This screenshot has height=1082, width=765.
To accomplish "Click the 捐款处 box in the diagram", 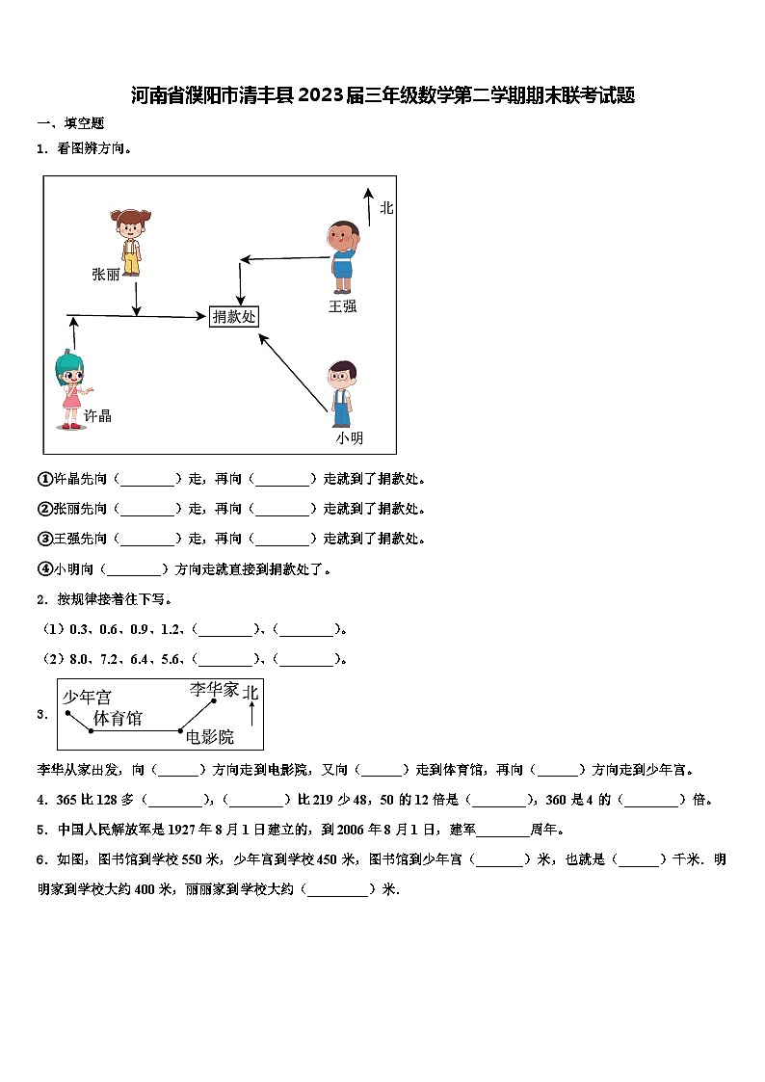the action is tap(234, 316).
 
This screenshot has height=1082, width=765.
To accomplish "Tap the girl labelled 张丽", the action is tap(129, 241).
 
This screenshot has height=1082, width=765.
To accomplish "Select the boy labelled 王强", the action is tap(342, 256).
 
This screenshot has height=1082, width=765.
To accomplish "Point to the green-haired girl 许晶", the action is tap(71, 389).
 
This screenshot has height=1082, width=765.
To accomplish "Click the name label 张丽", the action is tap(105, 275).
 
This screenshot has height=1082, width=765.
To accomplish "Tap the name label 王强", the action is tap(342, 306).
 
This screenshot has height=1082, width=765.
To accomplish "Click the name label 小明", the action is tap(350, 438).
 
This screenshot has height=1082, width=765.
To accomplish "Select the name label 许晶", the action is tap(97, 416).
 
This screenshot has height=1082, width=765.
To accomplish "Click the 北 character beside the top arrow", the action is tap(386, 207).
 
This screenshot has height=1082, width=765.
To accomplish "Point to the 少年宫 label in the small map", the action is tap(87, 696).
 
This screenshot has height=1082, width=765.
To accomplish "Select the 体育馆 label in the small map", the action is tap(118, 718).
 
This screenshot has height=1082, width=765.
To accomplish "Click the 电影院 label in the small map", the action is tap(210, 737).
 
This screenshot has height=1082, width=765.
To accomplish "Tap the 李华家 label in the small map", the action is tap(213, 690).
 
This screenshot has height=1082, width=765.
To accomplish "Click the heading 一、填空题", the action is tap(70, 123).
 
